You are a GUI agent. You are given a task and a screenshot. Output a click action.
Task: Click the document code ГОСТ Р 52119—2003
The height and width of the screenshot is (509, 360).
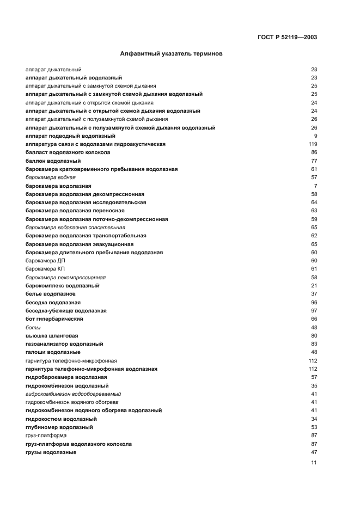(286, 38)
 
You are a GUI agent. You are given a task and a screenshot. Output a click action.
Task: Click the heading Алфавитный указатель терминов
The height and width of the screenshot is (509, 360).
(170, 54)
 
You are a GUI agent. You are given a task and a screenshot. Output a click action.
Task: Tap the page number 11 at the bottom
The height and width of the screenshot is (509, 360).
(314, 463)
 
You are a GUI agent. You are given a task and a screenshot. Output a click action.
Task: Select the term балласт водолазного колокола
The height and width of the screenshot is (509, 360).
(68, 152)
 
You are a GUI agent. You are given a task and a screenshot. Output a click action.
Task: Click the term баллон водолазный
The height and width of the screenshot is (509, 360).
(53, 161)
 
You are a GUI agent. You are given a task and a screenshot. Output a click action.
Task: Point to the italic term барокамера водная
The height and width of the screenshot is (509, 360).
(51, 177)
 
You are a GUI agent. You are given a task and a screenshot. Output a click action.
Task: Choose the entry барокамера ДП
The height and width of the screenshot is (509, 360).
(45, 261)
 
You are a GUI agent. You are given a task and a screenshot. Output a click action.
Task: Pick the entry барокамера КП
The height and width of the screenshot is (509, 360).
(45, 269)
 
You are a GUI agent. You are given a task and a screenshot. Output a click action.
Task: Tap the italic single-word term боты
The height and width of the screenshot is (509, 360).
(33, 327)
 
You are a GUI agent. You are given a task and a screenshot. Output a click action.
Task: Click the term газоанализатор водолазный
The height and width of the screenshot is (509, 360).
(64, 344)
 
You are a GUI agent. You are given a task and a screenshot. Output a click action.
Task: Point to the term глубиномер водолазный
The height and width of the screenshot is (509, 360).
(59, 427)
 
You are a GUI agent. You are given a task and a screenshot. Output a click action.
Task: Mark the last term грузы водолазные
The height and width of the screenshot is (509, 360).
(51, 452)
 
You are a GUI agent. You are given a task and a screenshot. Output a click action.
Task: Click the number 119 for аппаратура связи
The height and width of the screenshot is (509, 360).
(313, 144)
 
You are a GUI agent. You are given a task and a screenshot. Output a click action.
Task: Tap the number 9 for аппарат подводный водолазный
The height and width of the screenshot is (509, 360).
(315, 136)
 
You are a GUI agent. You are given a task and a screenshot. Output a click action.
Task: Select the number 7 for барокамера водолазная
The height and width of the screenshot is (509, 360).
(315, 186)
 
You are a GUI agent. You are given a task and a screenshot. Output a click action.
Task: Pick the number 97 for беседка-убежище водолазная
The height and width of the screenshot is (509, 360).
(314, 311)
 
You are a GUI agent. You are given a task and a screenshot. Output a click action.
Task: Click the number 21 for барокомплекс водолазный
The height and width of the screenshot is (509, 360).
(314, 286)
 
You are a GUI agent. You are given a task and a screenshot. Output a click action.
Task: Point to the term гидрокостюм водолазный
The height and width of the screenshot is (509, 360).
(61, 419)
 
